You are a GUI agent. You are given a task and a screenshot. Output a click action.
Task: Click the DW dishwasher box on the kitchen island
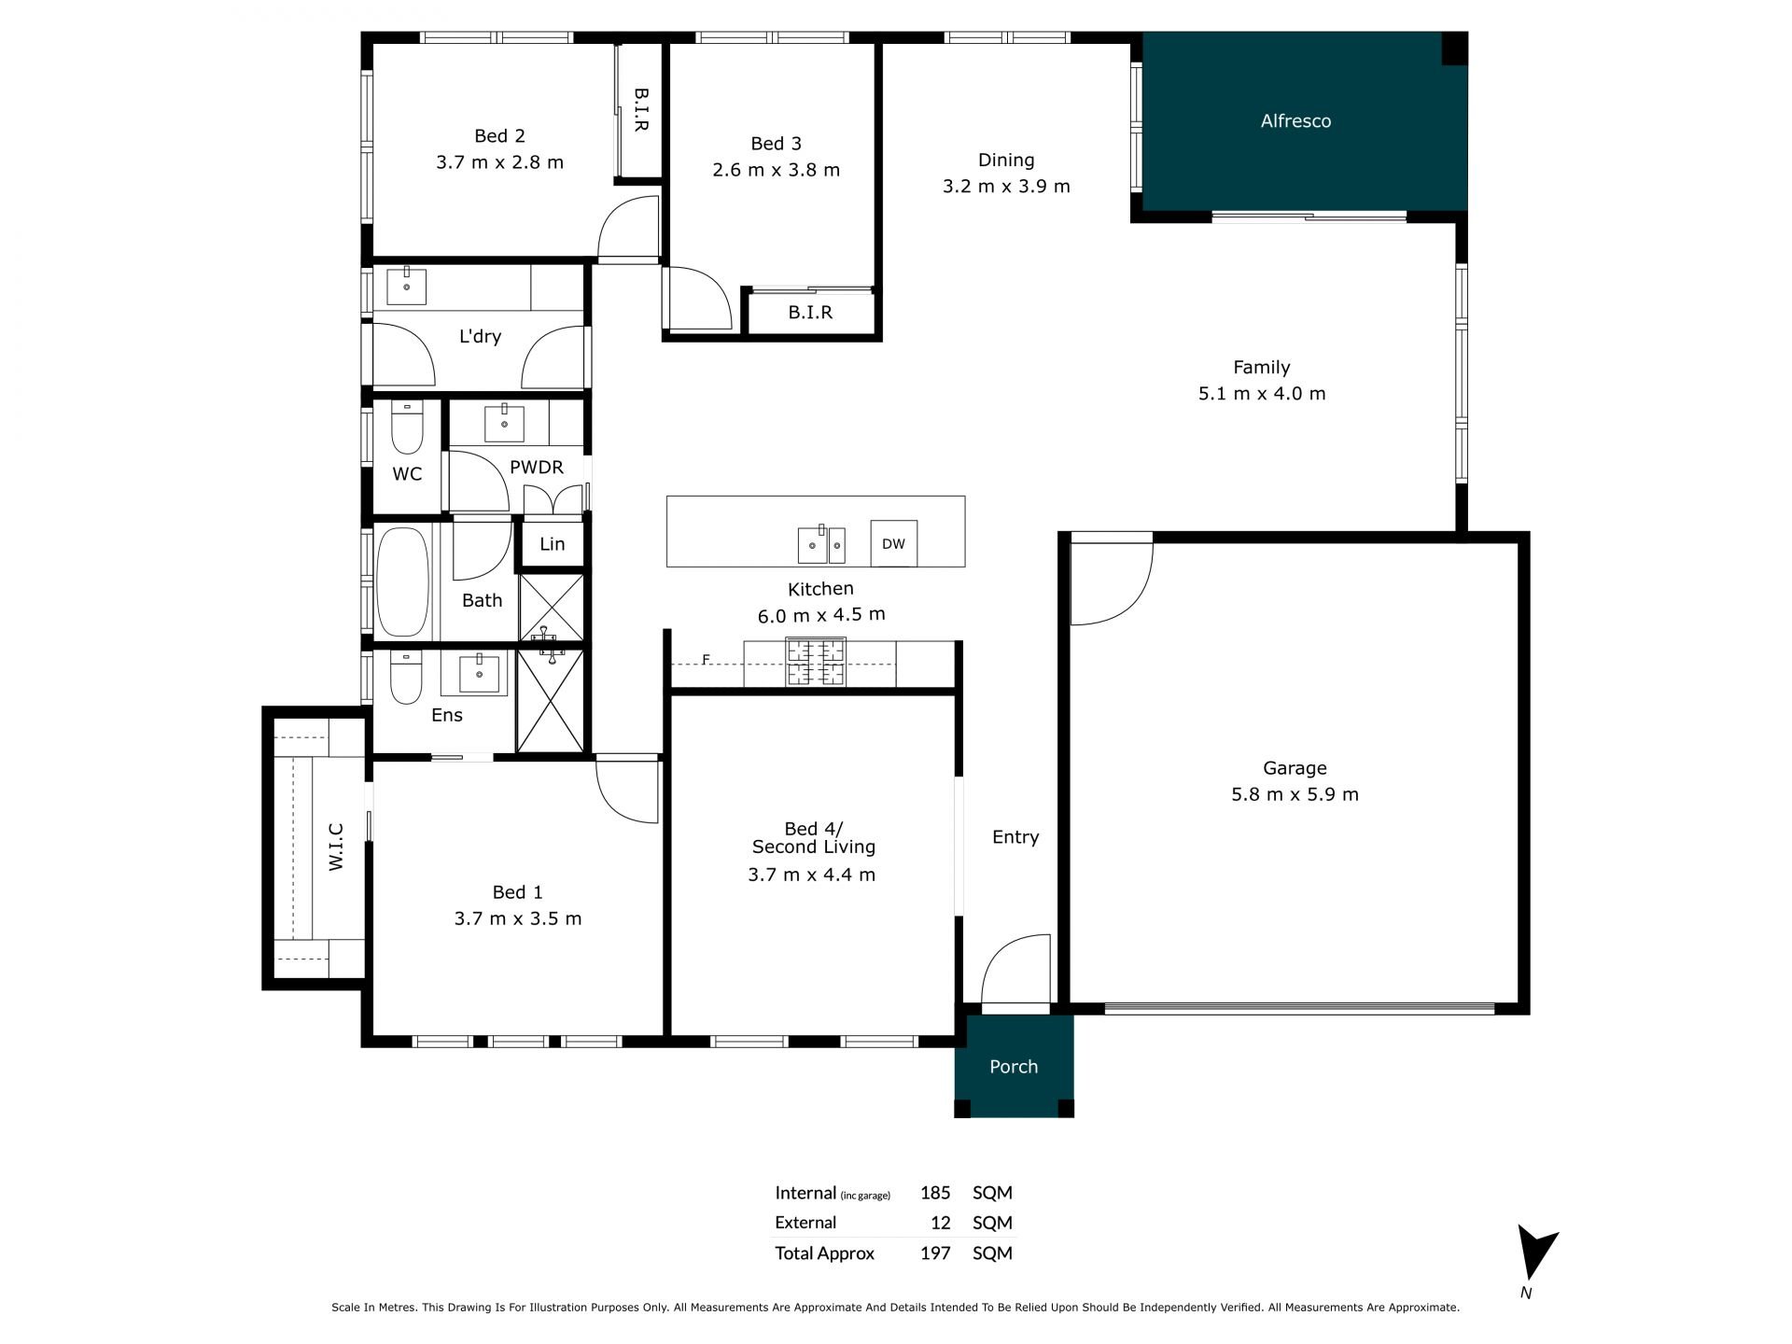[893, 543]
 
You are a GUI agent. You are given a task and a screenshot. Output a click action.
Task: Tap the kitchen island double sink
[821, 545]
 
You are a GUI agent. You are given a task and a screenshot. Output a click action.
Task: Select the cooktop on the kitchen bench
[816, 663]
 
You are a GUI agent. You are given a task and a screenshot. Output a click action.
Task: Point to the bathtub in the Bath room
[402, 582]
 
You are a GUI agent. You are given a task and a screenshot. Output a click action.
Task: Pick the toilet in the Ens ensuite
[406, 678]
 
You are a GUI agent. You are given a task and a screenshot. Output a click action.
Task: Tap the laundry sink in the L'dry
[407, 287]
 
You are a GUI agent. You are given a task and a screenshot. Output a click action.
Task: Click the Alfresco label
[1295, 120]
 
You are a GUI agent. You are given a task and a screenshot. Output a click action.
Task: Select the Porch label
[1014, 1066]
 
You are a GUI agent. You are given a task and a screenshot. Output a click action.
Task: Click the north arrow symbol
[1534, 1253]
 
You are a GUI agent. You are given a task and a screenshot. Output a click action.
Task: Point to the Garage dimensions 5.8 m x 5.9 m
[1295, 794]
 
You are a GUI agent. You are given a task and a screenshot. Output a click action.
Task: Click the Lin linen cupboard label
[553, 543]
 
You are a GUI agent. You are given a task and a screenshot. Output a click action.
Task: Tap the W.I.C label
[336, 847]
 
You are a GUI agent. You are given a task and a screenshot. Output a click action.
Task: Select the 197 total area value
[935, 1253]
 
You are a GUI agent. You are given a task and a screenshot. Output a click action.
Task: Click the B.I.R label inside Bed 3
[810, 313]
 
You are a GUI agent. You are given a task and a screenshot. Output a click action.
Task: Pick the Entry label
[1015, 837]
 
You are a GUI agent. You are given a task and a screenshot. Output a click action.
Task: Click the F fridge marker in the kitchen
[707, 660]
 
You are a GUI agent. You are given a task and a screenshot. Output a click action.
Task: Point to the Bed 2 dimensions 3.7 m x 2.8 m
[499, 161]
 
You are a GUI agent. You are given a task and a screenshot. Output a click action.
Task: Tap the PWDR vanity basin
[505, 424]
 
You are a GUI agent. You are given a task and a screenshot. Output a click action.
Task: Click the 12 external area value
[940, 1223]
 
